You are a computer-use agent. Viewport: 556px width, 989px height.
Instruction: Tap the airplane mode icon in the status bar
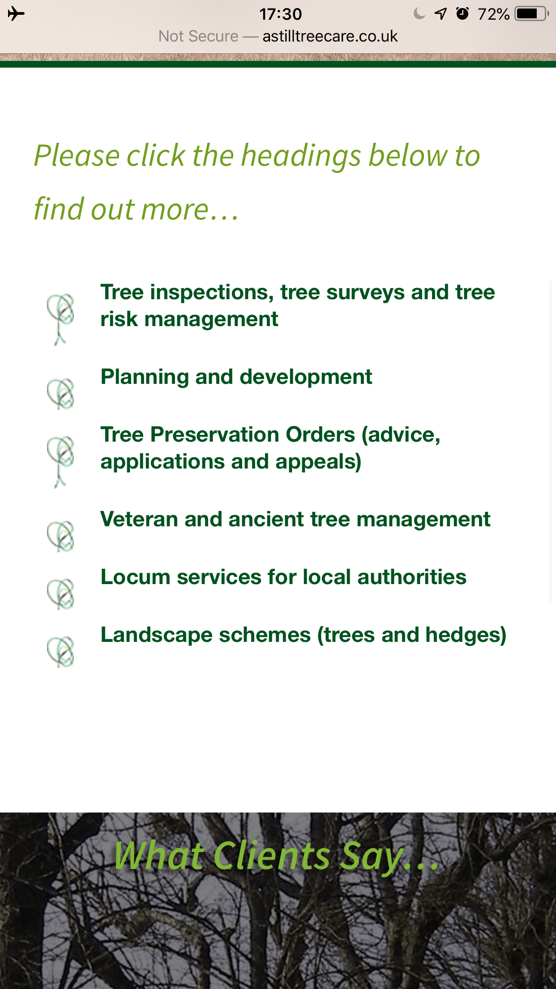16,14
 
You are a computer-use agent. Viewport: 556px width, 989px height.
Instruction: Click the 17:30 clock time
281,14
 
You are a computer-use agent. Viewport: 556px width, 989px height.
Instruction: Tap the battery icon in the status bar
531,14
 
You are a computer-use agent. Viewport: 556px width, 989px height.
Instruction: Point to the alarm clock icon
462,13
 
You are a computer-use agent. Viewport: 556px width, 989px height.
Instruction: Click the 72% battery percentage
493,14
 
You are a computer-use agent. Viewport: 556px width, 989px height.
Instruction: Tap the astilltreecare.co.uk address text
330,36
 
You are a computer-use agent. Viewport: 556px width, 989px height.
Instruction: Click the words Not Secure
198,36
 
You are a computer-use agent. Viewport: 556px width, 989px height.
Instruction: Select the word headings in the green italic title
301,156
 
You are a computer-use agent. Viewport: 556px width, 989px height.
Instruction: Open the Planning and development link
236,377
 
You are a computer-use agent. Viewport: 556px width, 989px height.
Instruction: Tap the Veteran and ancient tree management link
295,519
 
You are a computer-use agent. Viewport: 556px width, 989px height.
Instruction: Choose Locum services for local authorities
283,577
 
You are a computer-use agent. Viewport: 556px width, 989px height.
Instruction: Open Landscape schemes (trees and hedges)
304,635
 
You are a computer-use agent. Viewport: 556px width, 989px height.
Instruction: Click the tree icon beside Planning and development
60,394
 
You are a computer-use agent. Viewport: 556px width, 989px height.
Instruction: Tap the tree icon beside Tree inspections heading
60,319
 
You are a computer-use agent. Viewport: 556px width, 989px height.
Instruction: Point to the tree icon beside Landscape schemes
60,652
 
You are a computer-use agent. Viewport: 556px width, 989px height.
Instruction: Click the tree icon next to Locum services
60,594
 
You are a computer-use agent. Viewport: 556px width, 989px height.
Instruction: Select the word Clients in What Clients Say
272,856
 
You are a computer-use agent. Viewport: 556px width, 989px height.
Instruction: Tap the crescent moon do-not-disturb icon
419,14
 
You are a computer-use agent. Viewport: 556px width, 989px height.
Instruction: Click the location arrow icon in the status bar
441,14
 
